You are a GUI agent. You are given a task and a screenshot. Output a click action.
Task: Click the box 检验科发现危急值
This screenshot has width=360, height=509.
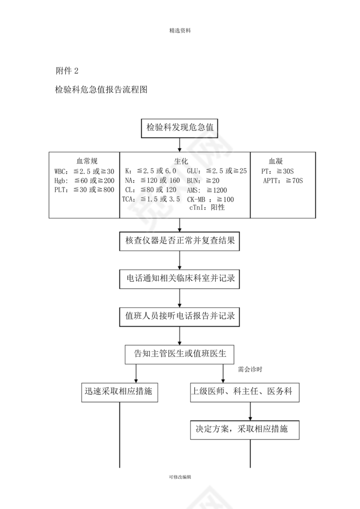(x=180, y=127)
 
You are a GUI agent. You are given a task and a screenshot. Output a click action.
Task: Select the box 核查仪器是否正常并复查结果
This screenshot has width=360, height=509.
(x=180, y=241)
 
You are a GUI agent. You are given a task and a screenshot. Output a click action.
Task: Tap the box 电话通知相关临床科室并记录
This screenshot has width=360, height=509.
(x=180, y=278)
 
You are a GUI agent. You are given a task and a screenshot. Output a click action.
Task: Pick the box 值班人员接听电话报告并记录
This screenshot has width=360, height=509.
(x=180, y=316)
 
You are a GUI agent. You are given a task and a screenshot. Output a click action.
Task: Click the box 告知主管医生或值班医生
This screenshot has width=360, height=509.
(x=180, y=354)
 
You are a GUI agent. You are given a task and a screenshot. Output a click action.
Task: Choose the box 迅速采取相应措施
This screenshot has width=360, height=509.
(x=119, y=392)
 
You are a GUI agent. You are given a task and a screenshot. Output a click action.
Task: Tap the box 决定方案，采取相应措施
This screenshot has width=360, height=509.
(x=245, y=430)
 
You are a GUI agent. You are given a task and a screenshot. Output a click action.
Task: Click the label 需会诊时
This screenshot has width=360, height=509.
(x=250, y=370)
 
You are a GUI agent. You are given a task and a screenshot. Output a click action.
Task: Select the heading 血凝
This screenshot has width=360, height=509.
(x=276, y=160)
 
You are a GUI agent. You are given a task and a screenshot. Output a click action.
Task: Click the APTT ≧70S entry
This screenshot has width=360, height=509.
(x=282, y=181)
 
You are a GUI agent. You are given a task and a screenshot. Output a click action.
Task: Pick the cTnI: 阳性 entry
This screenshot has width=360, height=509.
(x=207, y=208)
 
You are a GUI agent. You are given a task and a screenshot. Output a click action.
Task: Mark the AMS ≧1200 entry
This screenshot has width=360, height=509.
(x=207, y=190)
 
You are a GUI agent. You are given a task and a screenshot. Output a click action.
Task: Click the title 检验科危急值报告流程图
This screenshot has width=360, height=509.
(x=102, y=90)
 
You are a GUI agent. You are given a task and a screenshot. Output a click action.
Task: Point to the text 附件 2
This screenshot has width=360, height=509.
(x=67, y=70)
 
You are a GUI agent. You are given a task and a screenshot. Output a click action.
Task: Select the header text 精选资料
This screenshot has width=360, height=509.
(x=180, y=31)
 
